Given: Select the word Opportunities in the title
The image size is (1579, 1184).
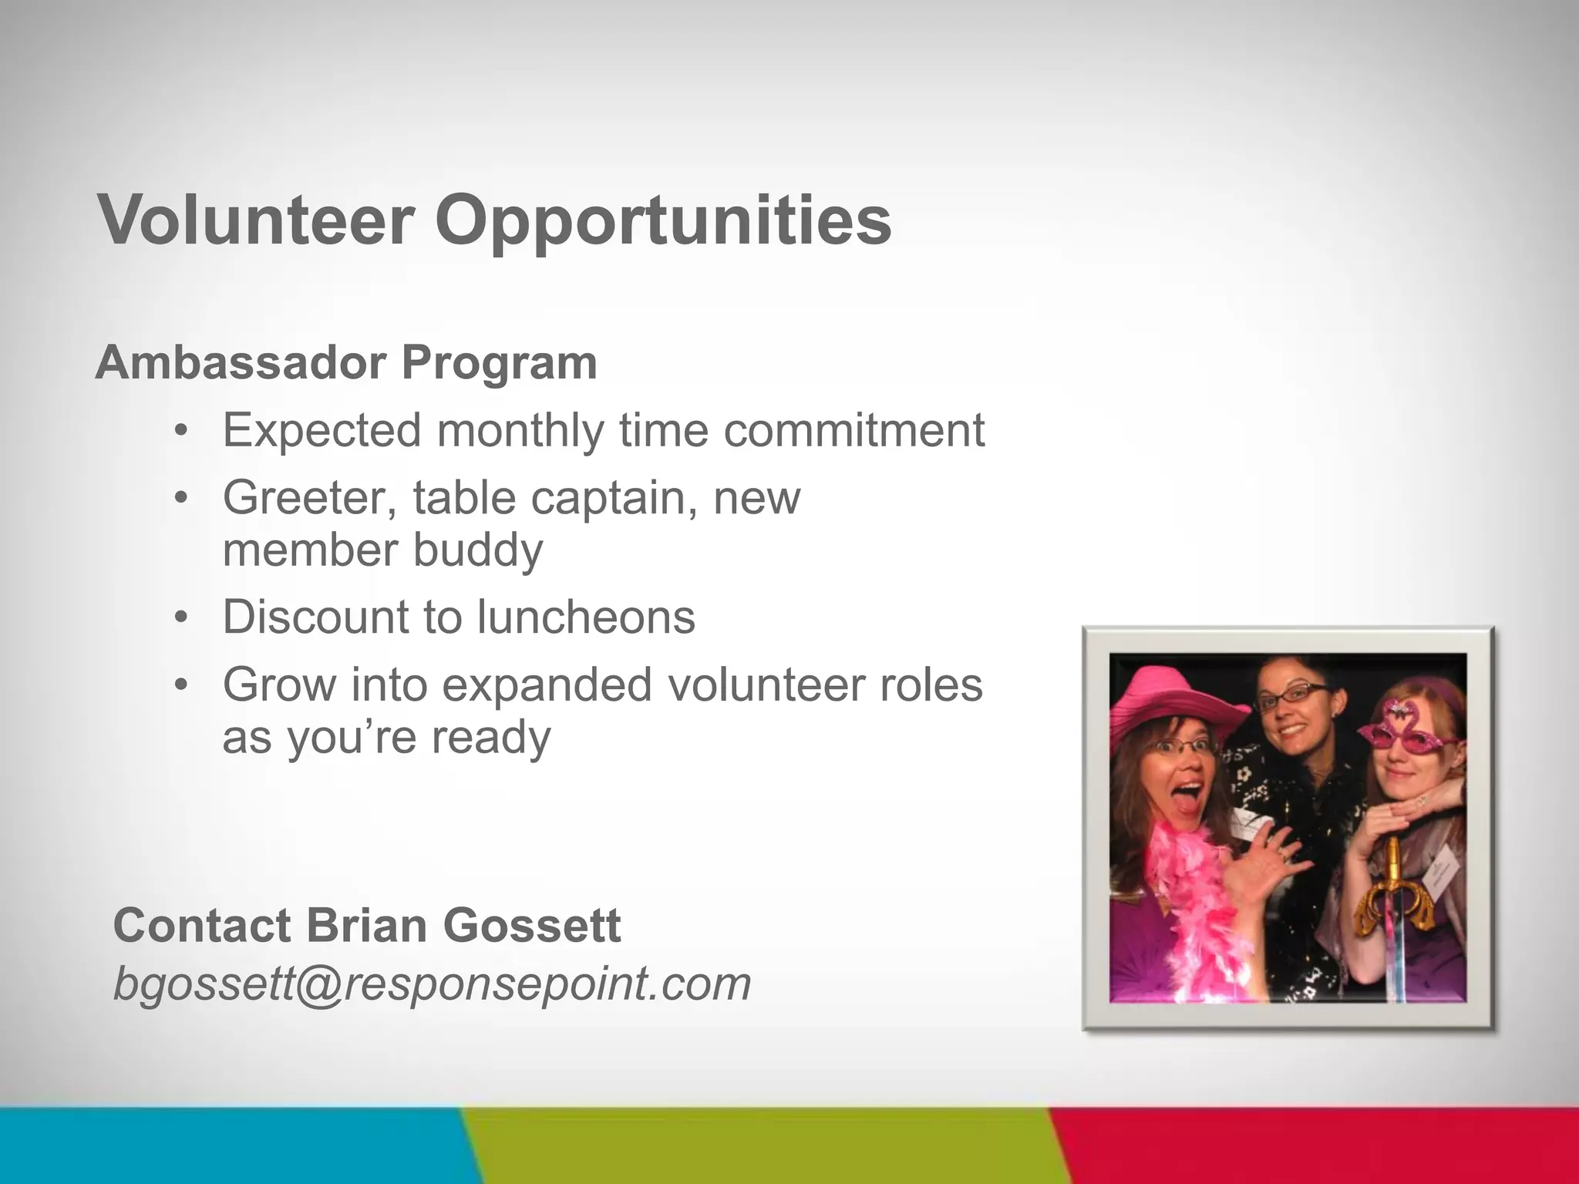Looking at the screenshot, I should tap(663, 221).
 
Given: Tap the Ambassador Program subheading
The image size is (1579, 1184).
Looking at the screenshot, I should tap(346, 362).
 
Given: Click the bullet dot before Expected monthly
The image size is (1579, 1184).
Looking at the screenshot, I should tap(181, 430).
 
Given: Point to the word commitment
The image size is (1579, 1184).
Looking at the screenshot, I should tap(853, 430).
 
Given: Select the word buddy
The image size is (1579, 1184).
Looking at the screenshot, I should tap(478, 550).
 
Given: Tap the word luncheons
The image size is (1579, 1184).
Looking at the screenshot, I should tap(586, 617).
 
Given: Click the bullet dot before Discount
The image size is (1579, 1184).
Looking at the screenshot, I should tap(181, 617).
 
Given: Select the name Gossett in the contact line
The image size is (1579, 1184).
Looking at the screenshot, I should tap(532, 925).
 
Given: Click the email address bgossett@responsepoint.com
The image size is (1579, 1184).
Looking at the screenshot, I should tap(432, 984).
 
